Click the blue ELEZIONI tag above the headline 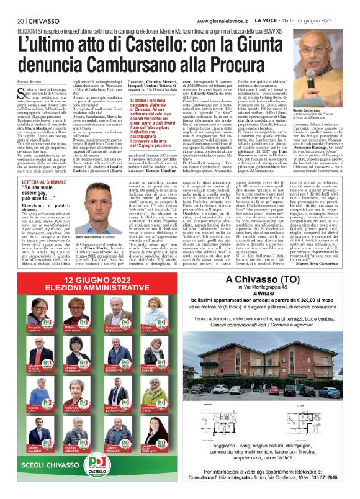click(27, 30)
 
